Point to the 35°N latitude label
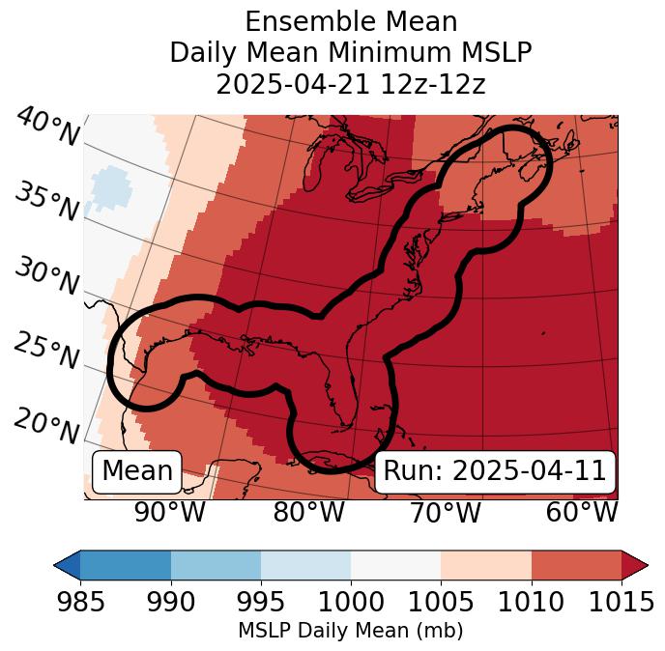(46, 202)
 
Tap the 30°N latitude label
(46, 277)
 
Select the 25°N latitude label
(46, 352)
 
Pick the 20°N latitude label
(46, 425)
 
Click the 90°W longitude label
(169, 512)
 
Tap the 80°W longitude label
(308, 512)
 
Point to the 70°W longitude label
(445, 512)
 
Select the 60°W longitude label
(582, 512)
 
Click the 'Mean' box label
(137, 471)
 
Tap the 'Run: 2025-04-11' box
(495, 471)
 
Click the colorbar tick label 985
(80, 603)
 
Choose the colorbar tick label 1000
(351, 603)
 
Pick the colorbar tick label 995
(261, 603)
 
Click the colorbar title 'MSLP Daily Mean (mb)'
(351, 631)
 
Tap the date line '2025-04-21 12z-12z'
(351, 84)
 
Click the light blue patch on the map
(109, 187)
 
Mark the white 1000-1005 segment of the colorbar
(395, 564)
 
